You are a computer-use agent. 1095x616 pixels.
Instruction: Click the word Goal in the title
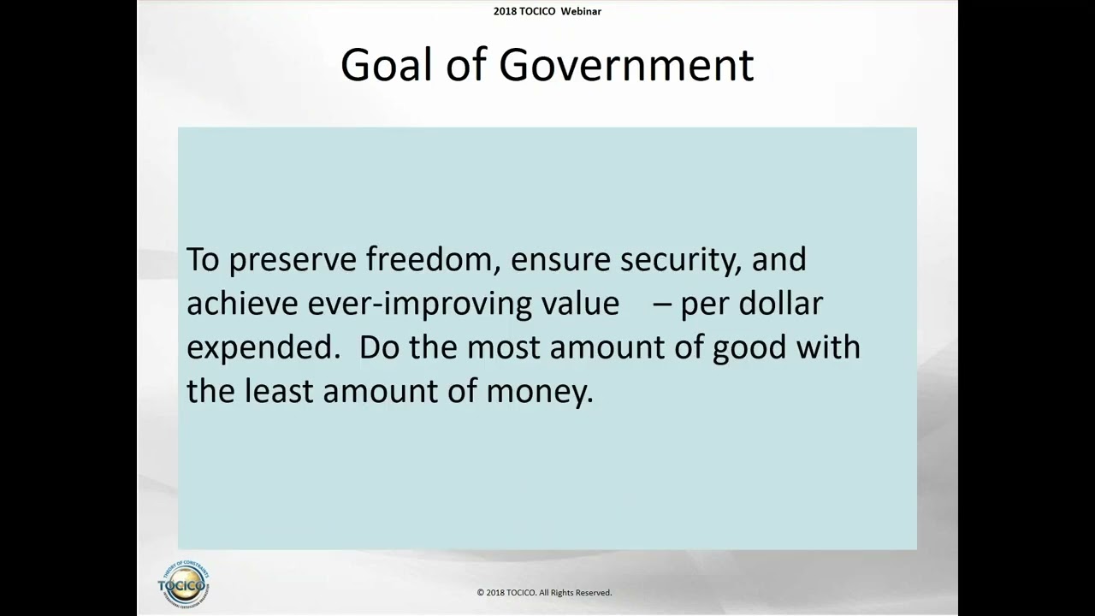(x=386, y=65)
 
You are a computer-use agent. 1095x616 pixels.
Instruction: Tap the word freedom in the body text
(x=433, y=259)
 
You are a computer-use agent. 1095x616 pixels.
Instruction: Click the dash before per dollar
(x=661, y=305)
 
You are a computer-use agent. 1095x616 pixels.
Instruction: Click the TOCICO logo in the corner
(x=183, y=584)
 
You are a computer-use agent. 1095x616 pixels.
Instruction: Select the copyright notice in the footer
(x=544, y=592)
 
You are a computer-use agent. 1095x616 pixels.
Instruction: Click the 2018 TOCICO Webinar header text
(x=547, y=11)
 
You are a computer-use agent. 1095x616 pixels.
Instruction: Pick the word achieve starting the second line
(x=242, y=304)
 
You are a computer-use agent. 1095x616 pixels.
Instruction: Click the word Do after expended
(x=379, y=348)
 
